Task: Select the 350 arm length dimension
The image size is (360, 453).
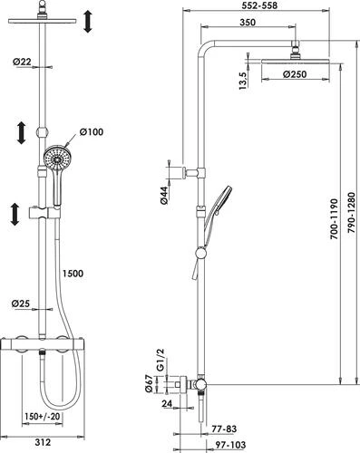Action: click(x=248, y=23)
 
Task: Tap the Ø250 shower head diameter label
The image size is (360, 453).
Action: click(x=295, y=74)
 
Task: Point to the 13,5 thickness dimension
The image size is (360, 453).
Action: click(x=243, y=81)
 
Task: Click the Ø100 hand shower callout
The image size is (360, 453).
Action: click(x=92, y=132)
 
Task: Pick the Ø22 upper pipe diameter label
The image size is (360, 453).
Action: click(x=22, y=62)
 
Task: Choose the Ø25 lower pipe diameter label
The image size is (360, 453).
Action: click(x=21, y=304)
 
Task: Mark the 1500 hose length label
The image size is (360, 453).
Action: click(x=73, y=274)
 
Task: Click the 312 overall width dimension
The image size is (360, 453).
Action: click(x=43, y=443)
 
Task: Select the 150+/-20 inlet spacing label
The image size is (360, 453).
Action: click(x=43, y=417)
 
